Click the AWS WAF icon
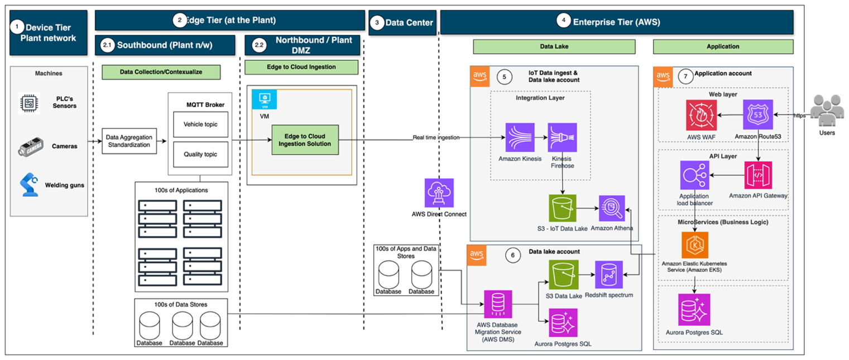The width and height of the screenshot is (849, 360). pos(701,116)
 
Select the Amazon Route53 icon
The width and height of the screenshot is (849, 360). pos(758,116)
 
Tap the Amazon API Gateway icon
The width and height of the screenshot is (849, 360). pos(758,176)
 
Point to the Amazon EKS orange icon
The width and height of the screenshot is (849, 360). pos(694,245)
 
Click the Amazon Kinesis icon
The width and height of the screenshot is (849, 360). pos(520,137)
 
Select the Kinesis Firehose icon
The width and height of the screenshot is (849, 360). pos(562,137)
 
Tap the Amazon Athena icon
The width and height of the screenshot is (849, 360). pos(613,209)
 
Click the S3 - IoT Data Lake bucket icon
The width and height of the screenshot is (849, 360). pos(562,209)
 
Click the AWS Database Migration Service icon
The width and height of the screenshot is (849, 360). pos(498,305)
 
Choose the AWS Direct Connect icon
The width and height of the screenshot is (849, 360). pos(439,193)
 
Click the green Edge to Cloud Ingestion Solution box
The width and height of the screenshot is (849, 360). pos(305,140)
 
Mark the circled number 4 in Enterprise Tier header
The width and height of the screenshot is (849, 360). pos(564,21)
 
